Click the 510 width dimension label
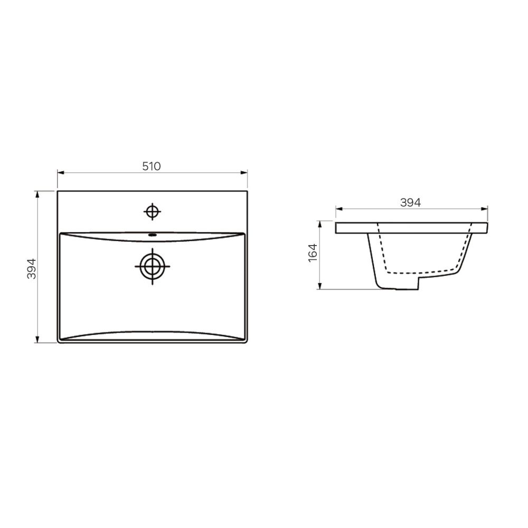(152, 166)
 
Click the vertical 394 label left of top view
(31, 269)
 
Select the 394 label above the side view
(410, 202)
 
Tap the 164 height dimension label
(313, 252)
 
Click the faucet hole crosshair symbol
(153, 212)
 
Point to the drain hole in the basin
(153, 266)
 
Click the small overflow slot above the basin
(153, 235)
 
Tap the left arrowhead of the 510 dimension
(61, 173)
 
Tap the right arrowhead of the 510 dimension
(244, 173)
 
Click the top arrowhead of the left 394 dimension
(37, 194)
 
